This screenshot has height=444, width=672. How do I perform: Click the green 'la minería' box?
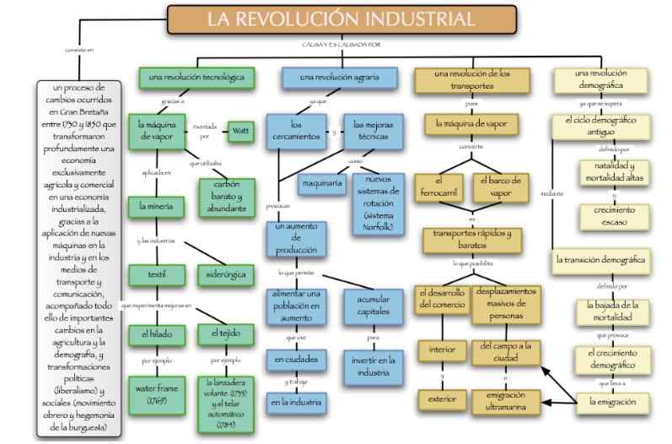click(x=153, y=204)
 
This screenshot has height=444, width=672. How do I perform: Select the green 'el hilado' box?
click(x=153, y=334)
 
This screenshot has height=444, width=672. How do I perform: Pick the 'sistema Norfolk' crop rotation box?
click(x=380, y=202)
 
